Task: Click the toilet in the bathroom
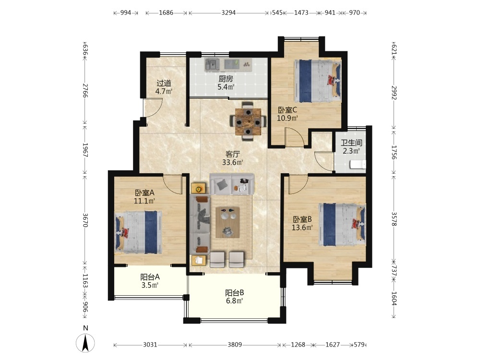click(x=358, y=164)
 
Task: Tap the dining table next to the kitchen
click(x=248, y=122)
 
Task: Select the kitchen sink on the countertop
click(x=212, y=65)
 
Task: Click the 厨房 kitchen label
click(x=226, y=79)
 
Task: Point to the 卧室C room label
click(x=287, y=110)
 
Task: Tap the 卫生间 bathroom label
click(x=352, y=143)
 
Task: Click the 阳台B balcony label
click(x=235, y=293)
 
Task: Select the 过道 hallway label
click(x=164, y=83)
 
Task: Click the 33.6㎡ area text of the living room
click(x=233, y=162)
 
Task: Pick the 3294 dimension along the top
click(x=228, y=13)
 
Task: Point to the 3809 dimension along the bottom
click(x=235, y=345)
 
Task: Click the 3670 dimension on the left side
click(x=85, y=220)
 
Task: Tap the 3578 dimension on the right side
click(x=394, y=219)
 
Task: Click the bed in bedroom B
click(x=342, y=224)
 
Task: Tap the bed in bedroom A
click(x=138, y=232)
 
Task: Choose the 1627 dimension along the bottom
click(x=333, y=345)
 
